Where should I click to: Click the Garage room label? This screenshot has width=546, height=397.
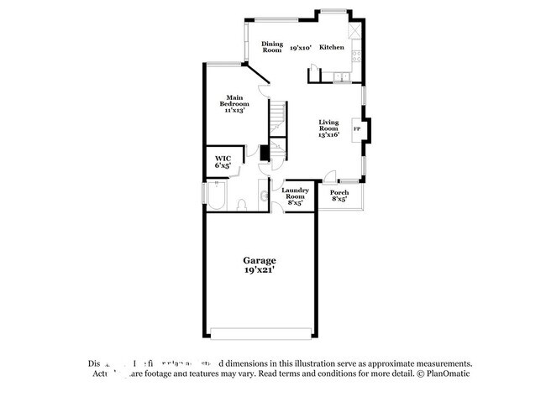pyautogui.click(x=260, y=261)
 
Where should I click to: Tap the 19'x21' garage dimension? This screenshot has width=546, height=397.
pyautogui.click(x=260, y=271)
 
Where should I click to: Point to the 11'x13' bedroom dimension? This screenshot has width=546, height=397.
pyautogui.click(x=234, y=111)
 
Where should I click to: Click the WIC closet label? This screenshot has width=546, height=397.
pyautogui.click(x=223, y=159)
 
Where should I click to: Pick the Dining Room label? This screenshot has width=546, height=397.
pyautogui.click(x=271, y=47)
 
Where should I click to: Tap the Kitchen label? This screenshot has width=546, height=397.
pyautogui.click(x=332, y=48)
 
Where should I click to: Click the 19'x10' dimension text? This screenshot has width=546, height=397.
pyautogui.click(x=301, y=48)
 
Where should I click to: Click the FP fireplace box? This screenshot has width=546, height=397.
pyautogui.click(x=357, y=128)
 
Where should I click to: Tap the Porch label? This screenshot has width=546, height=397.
pyautogui.click(x=339, y=196)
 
